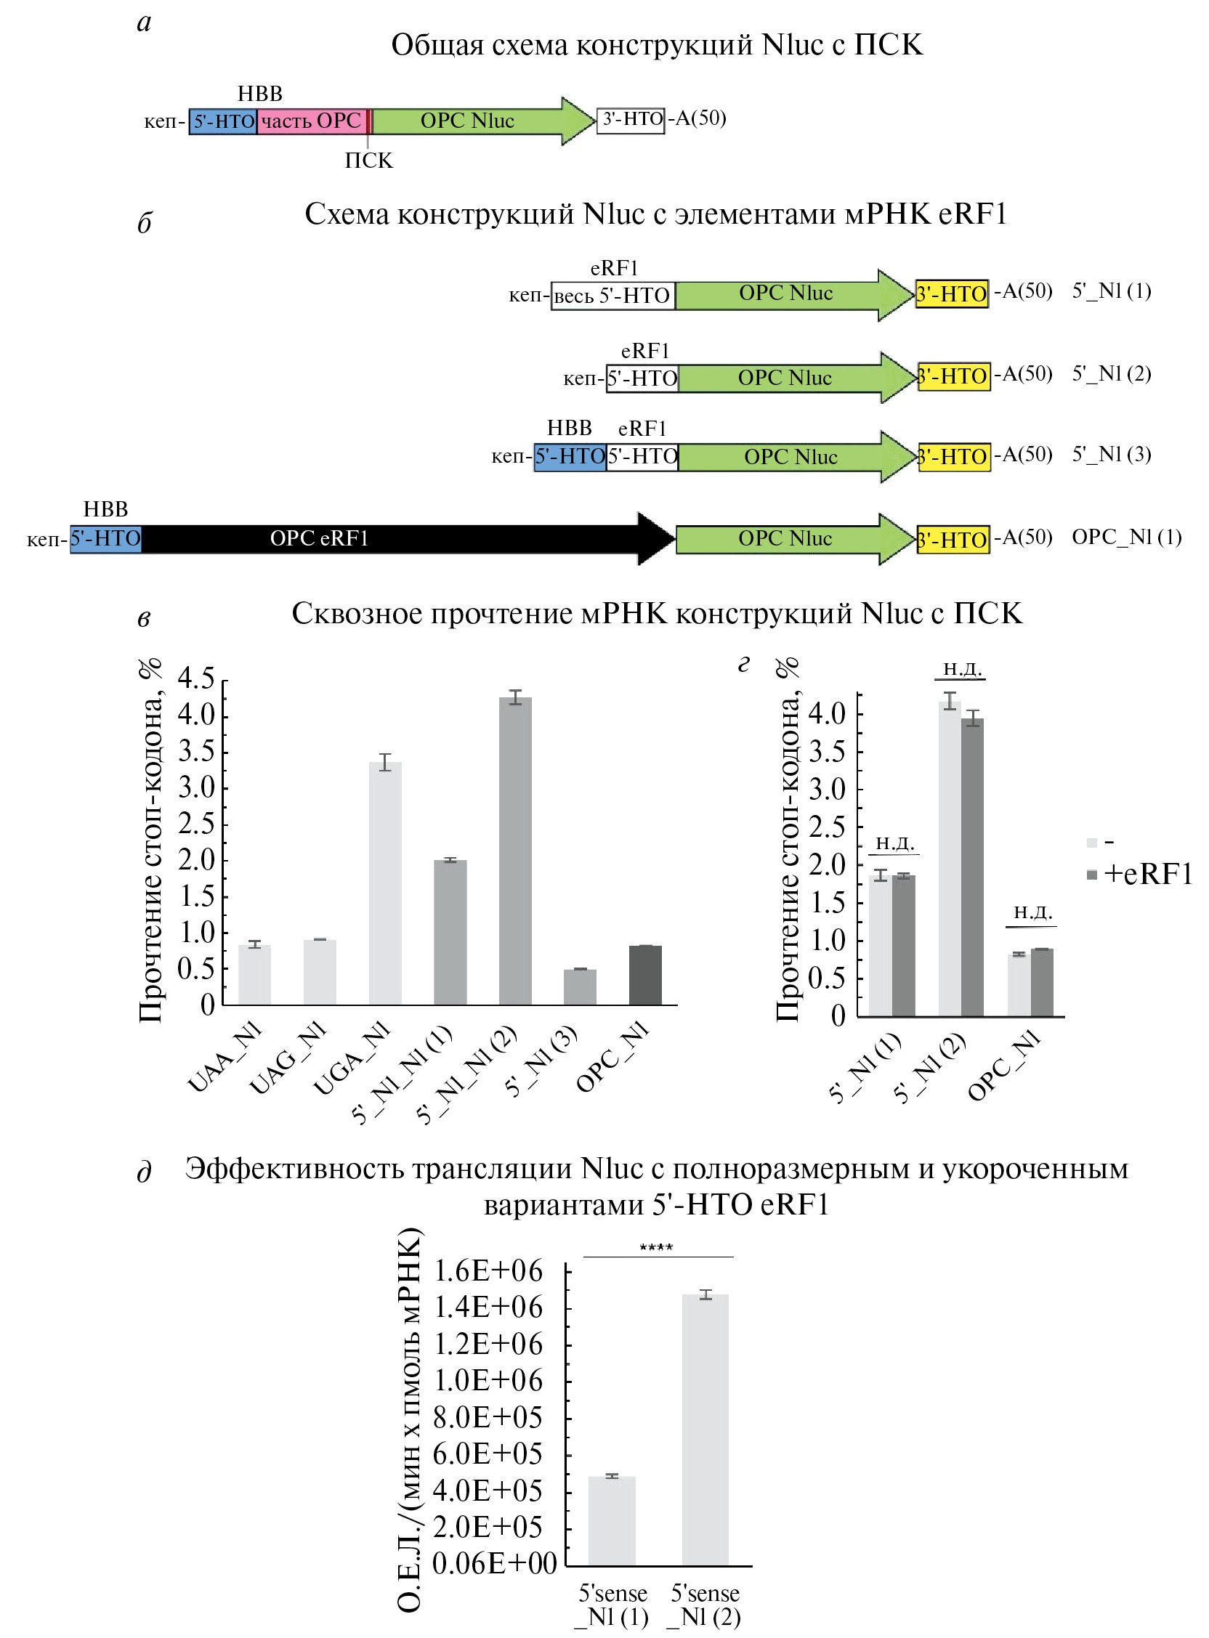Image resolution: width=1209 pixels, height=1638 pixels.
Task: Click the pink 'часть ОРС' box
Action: tap(312, 121)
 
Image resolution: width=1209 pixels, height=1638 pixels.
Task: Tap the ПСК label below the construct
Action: tap(369, 161)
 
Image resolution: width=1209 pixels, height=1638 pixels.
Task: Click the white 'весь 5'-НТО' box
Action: tap(612, 296)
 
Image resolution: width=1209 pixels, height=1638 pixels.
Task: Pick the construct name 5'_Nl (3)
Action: tap(1112, 454)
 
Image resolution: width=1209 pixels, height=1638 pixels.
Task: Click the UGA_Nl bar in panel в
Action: tap(385, 883)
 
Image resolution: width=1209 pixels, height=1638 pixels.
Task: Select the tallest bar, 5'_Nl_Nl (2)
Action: tap(515, 851)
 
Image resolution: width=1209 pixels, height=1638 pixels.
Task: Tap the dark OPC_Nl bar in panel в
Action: tap(645, 976)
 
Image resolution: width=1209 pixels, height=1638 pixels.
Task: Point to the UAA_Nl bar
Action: tap(255, 975)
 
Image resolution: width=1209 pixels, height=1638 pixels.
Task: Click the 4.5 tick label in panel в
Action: tap(196, 679)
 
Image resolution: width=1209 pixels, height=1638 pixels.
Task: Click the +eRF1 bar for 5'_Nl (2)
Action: tap(972, 867)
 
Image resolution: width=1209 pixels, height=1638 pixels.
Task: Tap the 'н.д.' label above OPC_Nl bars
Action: tap(1032, 912)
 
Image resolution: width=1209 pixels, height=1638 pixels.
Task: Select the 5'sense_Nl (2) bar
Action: tap(705, 1430)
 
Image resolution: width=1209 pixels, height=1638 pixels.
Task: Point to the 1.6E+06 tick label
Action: tap(488, 1270)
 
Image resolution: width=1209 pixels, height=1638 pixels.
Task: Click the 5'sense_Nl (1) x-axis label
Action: tap(612, 1605)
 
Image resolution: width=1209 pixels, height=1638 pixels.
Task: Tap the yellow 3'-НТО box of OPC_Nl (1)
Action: tap(952, 540)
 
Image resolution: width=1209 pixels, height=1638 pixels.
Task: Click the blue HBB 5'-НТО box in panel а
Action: tap(223, 121)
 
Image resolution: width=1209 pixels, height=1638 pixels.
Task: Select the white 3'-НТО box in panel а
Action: tap(631, 119)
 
